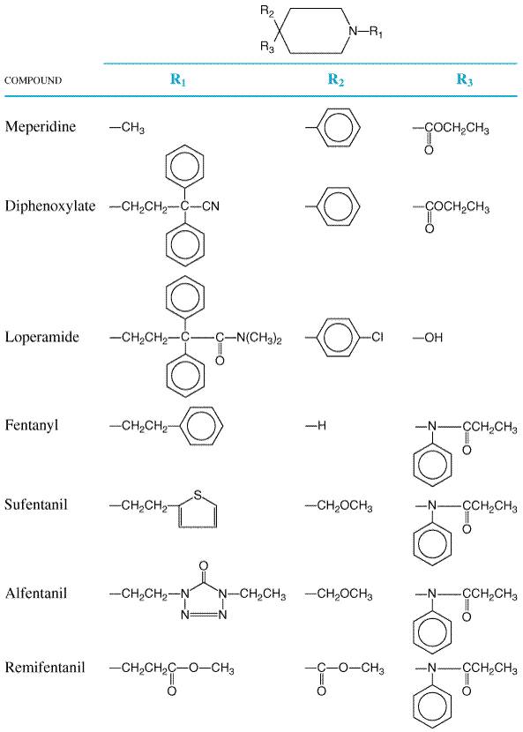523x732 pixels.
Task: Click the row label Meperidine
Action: click(x=41, y=126)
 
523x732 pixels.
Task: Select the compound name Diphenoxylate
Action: click(x=50, y=205)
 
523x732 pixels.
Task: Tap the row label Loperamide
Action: click(x=42, y=337)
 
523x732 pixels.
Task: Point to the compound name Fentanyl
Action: click(x=32, y=425)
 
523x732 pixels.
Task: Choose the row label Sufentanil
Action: click(x=36, y=504)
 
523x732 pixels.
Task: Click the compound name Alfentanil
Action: click(x=36, y=594)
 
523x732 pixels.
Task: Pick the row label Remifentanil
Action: click(x=45, y=667)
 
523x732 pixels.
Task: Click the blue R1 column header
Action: click(x=178, y=80)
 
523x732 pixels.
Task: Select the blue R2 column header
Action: click(x=336, y=80)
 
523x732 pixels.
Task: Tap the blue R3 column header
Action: click(x=465, y=80)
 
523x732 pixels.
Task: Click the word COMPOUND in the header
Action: click(x=34, y=80)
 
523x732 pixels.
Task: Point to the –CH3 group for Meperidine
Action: click(x=127, y=128)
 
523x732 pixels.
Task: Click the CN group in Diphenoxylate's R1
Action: click(x=211, y=206)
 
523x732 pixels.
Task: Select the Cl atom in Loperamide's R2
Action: click(x=377, y=337)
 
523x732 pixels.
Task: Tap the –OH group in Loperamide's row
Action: click(x=428, y=338)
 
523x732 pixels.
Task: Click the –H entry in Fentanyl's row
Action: click(x=316, y=425)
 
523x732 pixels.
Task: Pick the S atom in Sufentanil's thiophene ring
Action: click(x=198, y=496)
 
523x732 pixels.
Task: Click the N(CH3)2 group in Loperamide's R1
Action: click(x=259, y=338)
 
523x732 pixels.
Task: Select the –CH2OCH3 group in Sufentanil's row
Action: click(x=339, y=506)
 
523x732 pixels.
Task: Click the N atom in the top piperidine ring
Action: click(x=354, y=31)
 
